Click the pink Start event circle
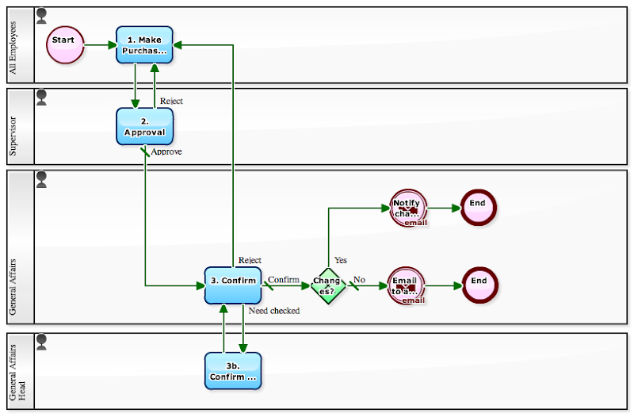point(65,45)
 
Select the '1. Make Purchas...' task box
point(145,45)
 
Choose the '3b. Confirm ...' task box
point(233,370)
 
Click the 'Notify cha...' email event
point(408,208)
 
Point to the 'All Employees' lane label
point(21,46)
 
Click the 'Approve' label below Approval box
point(166,151)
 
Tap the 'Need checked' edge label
point(274,311)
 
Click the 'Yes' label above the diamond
point(341,260)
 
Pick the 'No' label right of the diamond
point(359,280)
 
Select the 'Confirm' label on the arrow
point(284,279)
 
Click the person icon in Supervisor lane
point(42,98)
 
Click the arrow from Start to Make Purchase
point(100,45)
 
